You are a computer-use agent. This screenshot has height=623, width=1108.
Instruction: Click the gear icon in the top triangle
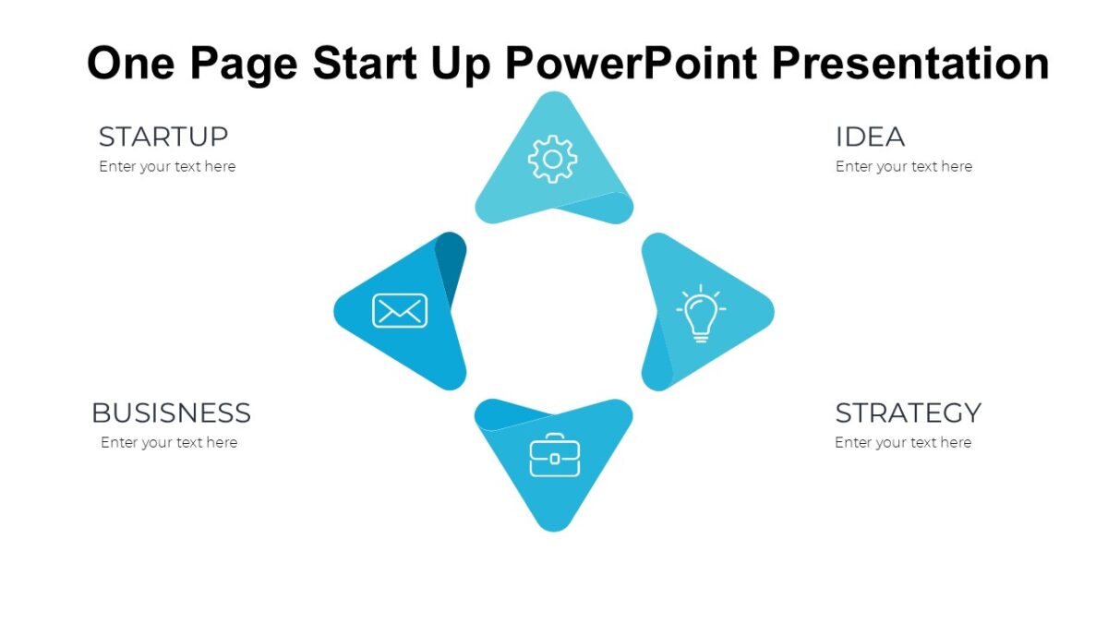pyautogui.click(x=552, y=160)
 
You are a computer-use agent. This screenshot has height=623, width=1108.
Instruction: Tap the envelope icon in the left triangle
pyautogui.click(x=400, y=311)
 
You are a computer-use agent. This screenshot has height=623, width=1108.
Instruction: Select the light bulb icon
pyautogui.click(x=701, y=314)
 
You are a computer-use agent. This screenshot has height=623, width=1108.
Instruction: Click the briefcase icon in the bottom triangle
pyautogui.click(x=554, y=455)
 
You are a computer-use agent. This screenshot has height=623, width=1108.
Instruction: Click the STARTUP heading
pyautogui.click(x=163, y=137)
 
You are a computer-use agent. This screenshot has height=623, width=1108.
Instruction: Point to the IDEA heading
pyautogui.click(x=870, y=137)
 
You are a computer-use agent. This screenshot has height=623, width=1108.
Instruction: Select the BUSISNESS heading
pyautogui.click(x=171, y=413)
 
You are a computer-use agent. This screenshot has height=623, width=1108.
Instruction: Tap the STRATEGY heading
pyautogui.click(x=908, y=413)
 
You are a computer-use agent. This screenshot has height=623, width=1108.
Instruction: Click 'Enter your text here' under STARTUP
pyautogui.click(x=167, y=167)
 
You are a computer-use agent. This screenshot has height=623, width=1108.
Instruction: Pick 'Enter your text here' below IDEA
pyautogui.click(x=904, y=167)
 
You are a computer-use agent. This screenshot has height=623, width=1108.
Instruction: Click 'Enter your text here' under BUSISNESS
pyautogui.click(x=169, y=443)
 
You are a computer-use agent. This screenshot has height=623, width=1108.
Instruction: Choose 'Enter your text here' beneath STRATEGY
pyautogui.click(x=903, y=443)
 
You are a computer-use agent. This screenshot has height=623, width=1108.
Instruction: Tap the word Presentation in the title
pyautogui.click(x=909, y=63)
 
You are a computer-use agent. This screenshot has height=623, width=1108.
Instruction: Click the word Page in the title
pyautogui.click(x=245, y=63)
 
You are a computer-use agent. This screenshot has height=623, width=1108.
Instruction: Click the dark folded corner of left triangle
pyautogui.click(x=452, y=259)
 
